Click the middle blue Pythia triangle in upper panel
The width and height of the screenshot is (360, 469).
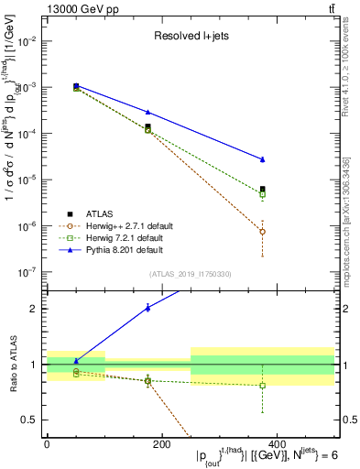point(147,112)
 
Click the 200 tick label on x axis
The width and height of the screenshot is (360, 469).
point(160,442)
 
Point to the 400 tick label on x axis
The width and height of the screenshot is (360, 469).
point(274,442)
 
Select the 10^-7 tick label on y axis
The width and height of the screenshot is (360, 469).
point(27,272)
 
